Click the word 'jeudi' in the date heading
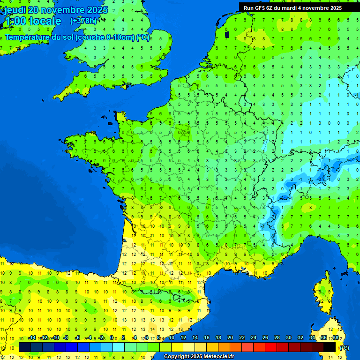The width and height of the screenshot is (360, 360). click(15, 9)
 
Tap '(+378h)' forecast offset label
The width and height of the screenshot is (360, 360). click(83, 21)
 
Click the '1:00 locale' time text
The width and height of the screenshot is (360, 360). click(32, 21)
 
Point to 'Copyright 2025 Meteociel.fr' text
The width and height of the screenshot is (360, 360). click(199, 356)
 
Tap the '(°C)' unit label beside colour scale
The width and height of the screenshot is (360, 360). click(344, 348)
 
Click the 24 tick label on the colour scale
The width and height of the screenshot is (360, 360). click(253, 337)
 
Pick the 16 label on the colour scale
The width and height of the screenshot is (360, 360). click(207, 337)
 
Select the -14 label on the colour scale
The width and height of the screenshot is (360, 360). click(32, 337)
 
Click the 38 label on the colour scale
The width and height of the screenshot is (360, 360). click(335, 337)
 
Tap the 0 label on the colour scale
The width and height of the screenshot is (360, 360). click(112, 337)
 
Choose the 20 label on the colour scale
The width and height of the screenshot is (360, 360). click(230, 337)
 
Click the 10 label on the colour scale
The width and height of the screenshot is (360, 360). click(172, 337)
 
